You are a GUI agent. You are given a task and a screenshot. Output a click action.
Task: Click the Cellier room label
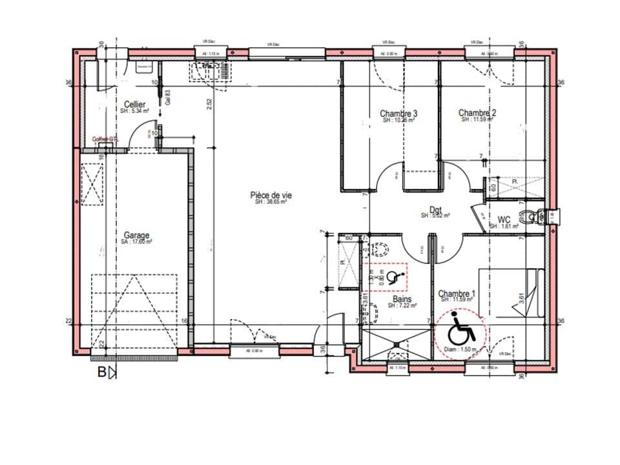point(134,104)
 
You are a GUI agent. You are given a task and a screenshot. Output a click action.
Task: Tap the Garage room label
point(137,235)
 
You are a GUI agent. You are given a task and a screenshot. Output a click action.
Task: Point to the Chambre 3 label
point(398,113)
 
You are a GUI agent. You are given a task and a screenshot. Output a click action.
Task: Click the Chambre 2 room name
point(477,112)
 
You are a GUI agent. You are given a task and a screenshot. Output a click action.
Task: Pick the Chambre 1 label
point(457,294)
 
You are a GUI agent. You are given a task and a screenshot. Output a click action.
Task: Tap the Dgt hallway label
point(435,209)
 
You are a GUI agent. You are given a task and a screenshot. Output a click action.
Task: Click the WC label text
point(504,220)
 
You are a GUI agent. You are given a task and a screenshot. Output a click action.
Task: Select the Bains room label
point(402,300)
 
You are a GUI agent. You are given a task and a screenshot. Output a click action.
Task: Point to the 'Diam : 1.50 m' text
point(461,349)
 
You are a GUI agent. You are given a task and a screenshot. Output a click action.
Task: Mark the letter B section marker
point(101,372)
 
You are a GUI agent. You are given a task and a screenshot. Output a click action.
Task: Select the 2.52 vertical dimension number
point(209,105)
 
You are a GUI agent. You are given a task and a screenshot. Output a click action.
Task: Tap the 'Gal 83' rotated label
point(167,98)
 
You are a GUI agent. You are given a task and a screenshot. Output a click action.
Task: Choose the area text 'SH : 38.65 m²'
point(270,201)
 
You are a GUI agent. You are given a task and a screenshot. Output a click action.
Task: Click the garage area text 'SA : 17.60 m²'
point(136,242)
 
